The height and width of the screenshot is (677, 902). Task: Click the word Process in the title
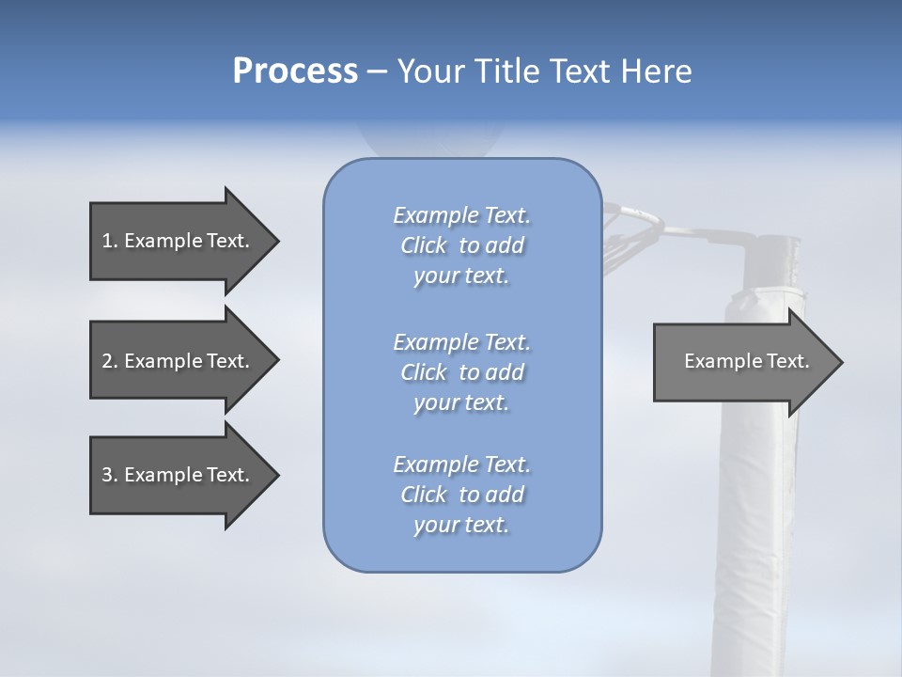coord(295,71)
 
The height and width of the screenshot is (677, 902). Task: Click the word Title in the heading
coord(499,71)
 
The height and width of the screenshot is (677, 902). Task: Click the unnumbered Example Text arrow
coord(746,361)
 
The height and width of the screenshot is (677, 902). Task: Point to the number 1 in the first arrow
coord(107,241)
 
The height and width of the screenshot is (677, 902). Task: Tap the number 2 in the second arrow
coord(107,361)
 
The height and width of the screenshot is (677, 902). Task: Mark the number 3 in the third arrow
coord(107,475)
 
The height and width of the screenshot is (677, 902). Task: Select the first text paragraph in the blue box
coord(461,245)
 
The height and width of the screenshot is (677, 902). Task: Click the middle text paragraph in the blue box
coord(461,371)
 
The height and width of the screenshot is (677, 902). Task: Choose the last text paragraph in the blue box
coord(461,495)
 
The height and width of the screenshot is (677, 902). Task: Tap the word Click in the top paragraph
coord(423,246)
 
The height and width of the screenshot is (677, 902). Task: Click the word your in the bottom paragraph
coord(433,526)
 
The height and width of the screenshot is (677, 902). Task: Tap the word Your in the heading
coord(431,71)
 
